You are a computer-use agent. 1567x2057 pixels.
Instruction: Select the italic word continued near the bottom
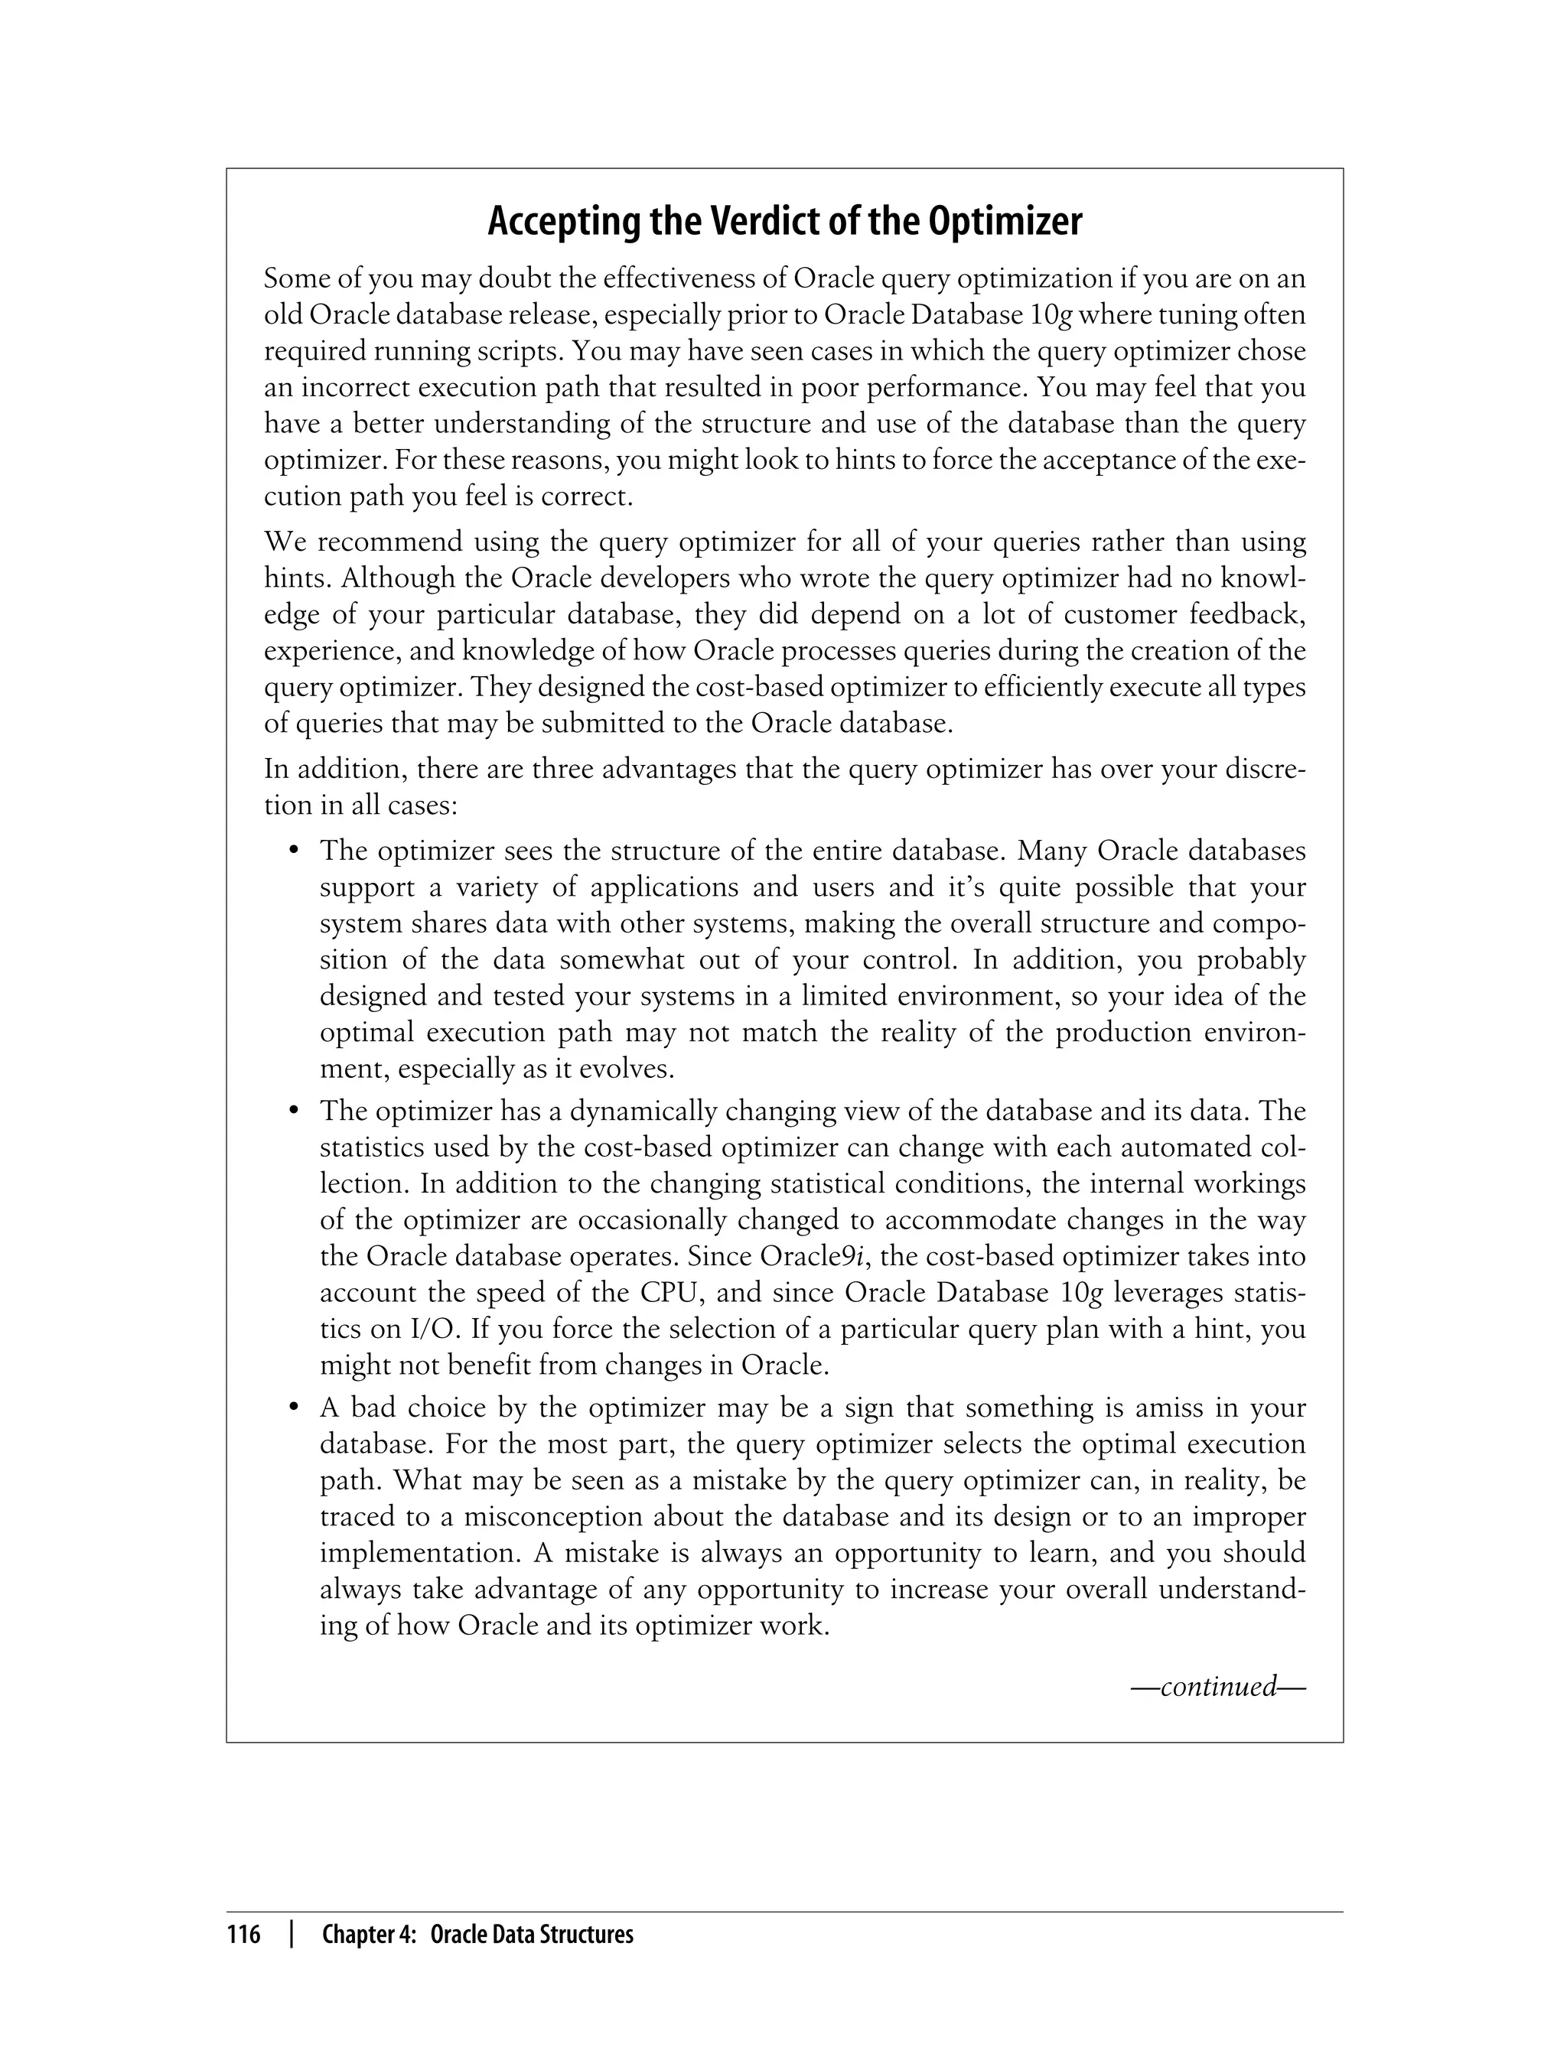tap(1217, 1686)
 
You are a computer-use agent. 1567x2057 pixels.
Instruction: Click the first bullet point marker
tap(294, 851)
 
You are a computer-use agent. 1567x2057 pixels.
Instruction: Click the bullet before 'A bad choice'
tap(294, 1408)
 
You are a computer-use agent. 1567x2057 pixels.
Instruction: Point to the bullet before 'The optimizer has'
tap(294, 1111)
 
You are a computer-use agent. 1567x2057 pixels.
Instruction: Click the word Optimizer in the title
tap(1005, 222)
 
